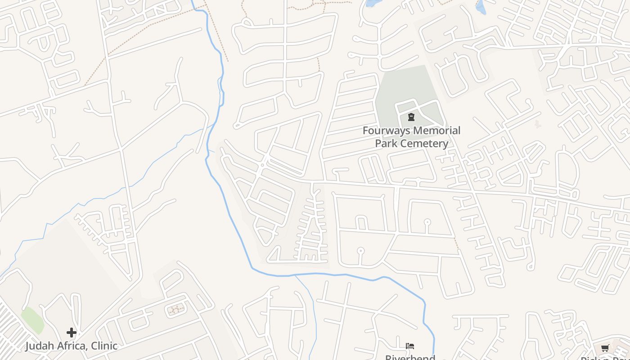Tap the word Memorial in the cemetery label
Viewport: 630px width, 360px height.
click(437, 131)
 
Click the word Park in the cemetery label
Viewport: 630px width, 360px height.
click(387, 144)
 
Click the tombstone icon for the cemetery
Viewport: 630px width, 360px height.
click(411, 117)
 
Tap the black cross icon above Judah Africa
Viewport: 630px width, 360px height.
click(72, 333)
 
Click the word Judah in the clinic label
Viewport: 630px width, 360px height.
click(39, 346)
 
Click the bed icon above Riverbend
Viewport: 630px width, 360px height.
click(409, 346)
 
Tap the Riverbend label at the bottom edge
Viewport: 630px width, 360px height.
click(410, 357)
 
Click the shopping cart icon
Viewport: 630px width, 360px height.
click(605, 348)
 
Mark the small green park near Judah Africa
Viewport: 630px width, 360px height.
click(32, 320)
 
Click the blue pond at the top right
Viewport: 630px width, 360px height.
click(481, 7)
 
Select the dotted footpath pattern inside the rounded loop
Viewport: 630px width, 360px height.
click(175, 309)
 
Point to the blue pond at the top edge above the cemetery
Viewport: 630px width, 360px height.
click(372, 3)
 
